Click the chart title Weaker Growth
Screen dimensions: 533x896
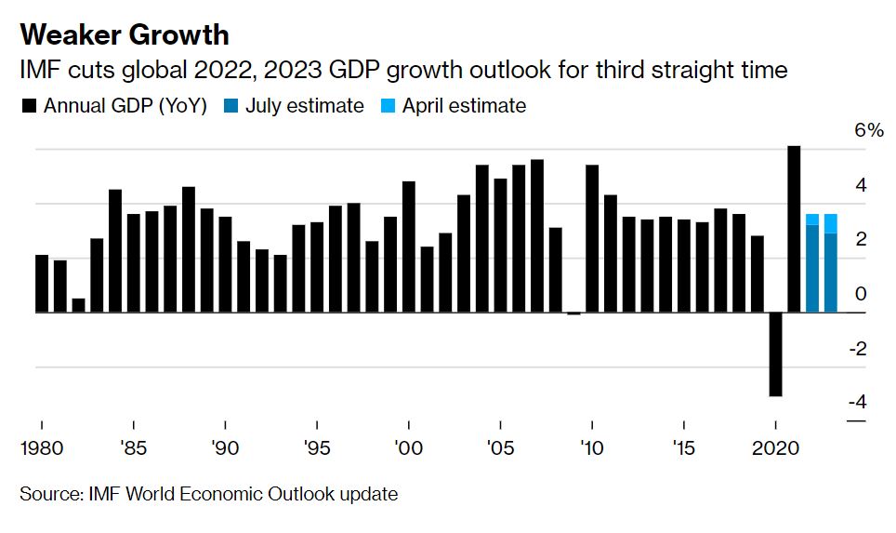coord(125,34)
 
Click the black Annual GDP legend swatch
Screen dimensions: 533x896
coord(29,107)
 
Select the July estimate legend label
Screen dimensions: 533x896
coord(305,106)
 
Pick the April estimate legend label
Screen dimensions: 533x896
coord(464,106)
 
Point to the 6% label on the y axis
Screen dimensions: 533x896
coord(869,131)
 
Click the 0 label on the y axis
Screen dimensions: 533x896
coord(861,294)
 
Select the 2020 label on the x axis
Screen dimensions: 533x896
coord(776,448)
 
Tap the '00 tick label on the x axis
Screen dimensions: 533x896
coord(407,448)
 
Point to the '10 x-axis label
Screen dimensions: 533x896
coord(591,448)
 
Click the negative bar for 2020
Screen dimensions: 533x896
coord(775,354)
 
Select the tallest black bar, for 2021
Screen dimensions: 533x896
coord(794,229)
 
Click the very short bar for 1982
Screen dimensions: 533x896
coord(78,306)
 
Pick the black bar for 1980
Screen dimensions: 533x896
coord(42,284)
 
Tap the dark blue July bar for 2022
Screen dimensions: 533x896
coord(812,269)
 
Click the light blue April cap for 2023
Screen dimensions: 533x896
coord(830,223)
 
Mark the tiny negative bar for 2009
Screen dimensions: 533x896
coord(573,314)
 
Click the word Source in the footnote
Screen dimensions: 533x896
coord(48,494)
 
